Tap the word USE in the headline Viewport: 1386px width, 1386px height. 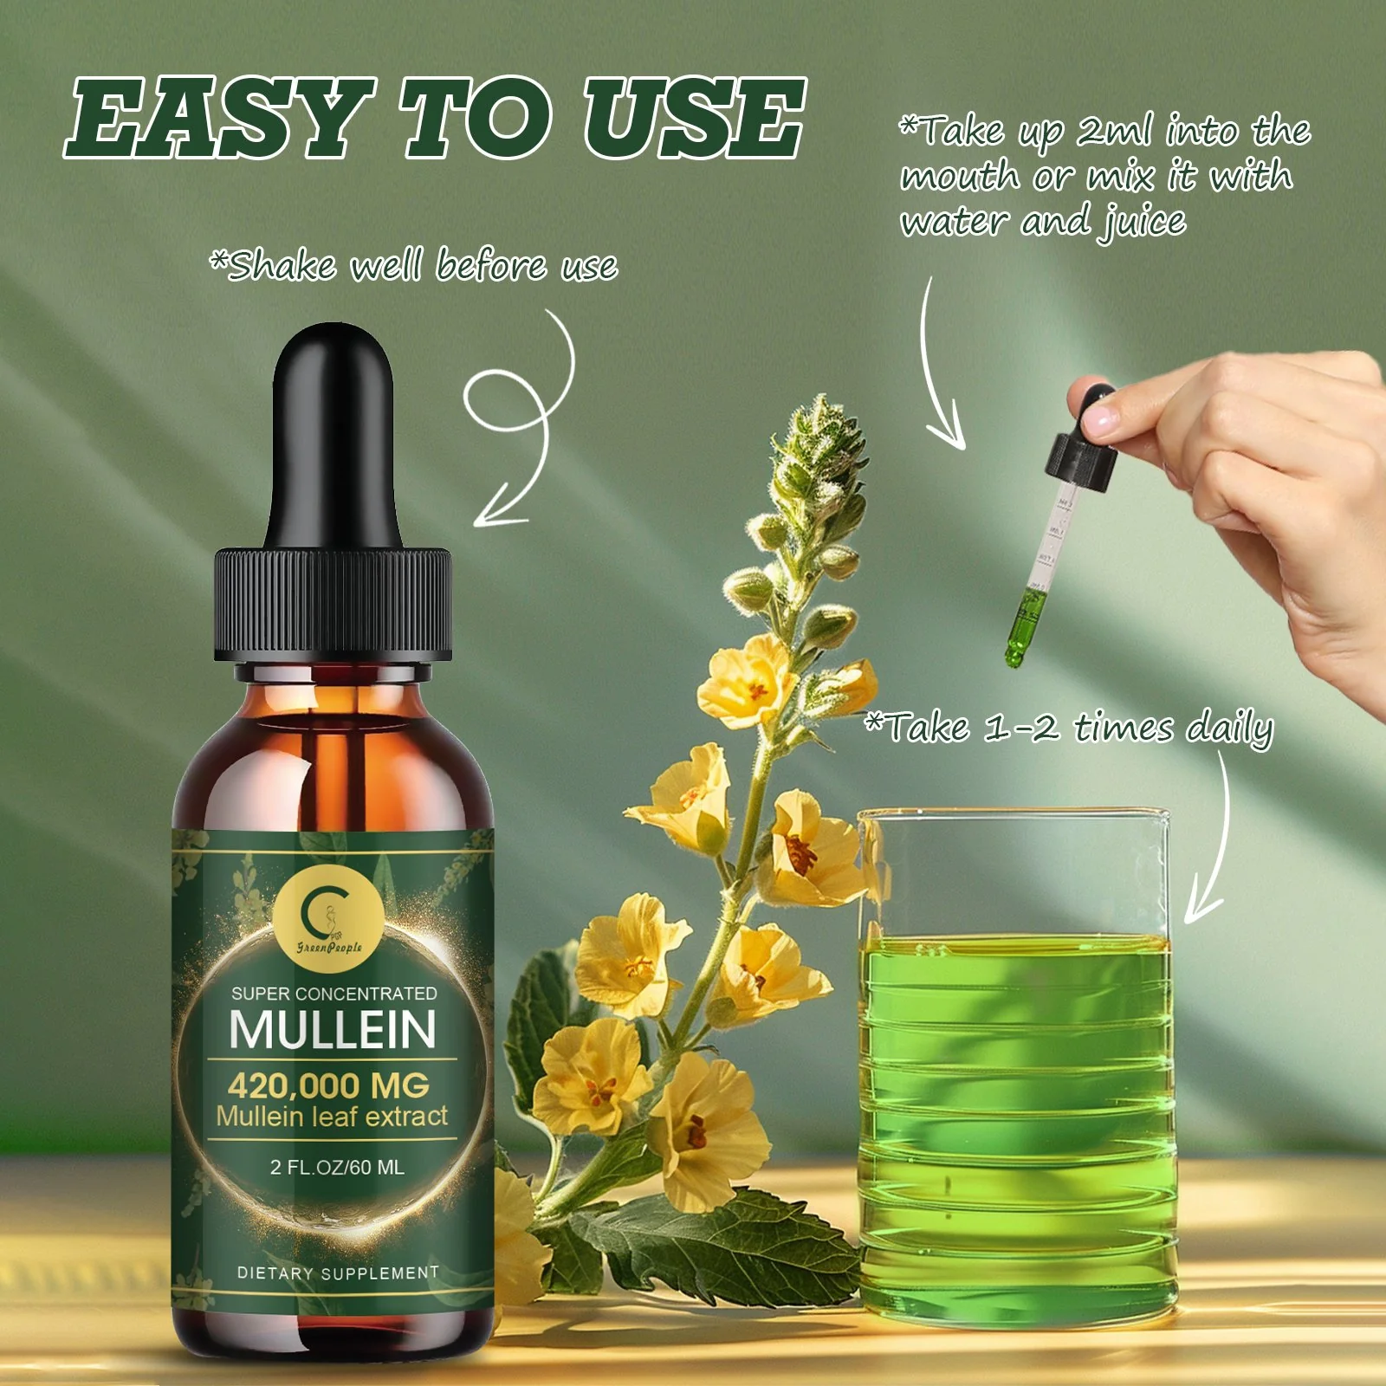(693, 117)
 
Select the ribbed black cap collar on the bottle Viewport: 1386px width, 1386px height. (334, 602)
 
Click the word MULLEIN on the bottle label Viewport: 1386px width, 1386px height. (333, 1029)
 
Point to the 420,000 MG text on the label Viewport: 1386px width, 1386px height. (329, 1085)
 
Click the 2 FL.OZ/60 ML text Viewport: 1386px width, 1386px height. (337, 1167)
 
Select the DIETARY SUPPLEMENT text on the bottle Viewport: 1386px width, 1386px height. (338, 1273)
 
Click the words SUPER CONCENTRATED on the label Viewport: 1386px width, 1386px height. (334, 993)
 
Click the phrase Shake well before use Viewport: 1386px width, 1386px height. (414, 265)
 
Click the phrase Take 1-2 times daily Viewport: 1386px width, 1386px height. (1070, 728)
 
